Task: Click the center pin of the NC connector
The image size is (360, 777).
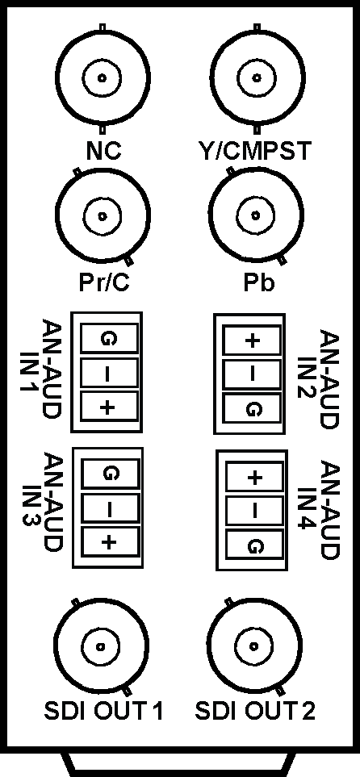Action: (103, 77)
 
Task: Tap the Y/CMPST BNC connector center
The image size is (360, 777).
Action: (257, 77)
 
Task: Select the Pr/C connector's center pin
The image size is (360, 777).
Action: (103, 216)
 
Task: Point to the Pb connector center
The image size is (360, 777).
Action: (256, 215)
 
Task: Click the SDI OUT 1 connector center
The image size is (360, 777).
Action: (101, 646)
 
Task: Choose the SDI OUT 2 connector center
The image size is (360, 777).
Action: (255, 645)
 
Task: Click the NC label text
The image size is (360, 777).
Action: (103, 151)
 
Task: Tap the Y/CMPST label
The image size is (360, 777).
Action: (254, 151)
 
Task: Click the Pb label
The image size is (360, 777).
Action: (258, 282)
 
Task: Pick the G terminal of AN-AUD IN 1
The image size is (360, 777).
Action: (107, 339)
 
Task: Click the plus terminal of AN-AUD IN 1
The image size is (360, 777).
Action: (107, 407)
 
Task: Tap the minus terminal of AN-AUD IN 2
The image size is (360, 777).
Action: (253, 374)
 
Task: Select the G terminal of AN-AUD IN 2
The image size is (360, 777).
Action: (253, 409)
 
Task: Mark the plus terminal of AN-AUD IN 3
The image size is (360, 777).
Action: (109, 542)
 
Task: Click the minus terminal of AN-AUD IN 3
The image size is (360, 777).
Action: (109, 508)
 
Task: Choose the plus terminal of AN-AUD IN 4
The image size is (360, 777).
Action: (255, 478)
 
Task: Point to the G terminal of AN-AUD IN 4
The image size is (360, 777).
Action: (255, 547)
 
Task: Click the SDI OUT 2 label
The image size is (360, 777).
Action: (255, 711)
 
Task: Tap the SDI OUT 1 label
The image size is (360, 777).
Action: (103, 711)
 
